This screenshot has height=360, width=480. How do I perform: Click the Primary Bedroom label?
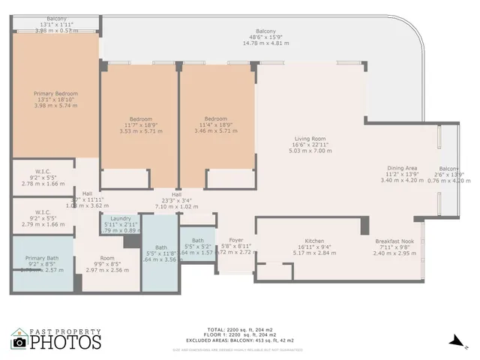click(56, 94)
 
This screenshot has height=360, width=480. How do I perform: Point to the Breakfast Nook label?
click(394, 241)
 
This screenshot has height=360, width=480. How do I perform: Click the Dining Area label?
click(402, 168)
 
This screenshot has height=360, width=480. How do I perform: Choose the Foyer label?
click(226, 241)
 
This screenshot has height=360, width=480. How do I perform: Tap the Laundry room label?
click(121, 218)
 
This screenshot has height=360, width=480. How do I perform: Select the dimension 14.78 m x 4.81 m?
click(267, 43)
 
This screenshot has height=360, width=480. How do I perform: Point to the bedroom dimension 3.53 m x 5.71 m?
click(141, 131)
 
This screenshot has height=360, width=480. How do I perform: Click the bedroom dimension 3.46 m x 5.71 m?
click(216, 131)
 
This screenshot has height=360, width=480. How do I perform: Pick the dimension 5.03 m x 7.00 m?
click(309, 150)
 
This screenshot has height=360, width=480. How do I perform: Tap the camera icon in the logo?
click(19, 342)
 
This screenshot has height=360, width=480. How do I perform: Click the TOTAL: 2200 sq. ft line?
click(240, 328)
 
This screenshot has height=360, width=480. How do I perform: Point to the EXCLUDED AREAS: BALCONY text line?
click(240, 340)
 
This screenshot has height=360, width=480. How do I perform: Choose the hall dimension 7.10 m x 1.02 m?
click(178, 206)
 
